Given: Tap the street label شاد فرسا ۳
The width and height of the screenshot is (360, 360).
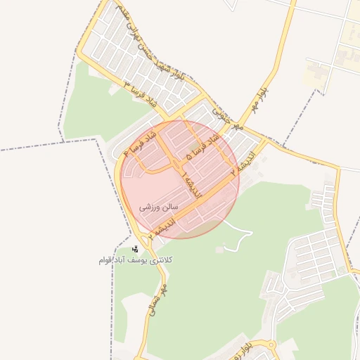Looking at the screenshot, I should [139, 94].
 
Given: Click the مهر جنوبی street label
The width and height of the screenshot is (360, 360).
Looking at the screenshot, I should [229, 115].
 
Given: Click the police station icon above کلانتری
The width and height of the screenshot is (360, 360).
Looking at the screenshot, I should [135, 249].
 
